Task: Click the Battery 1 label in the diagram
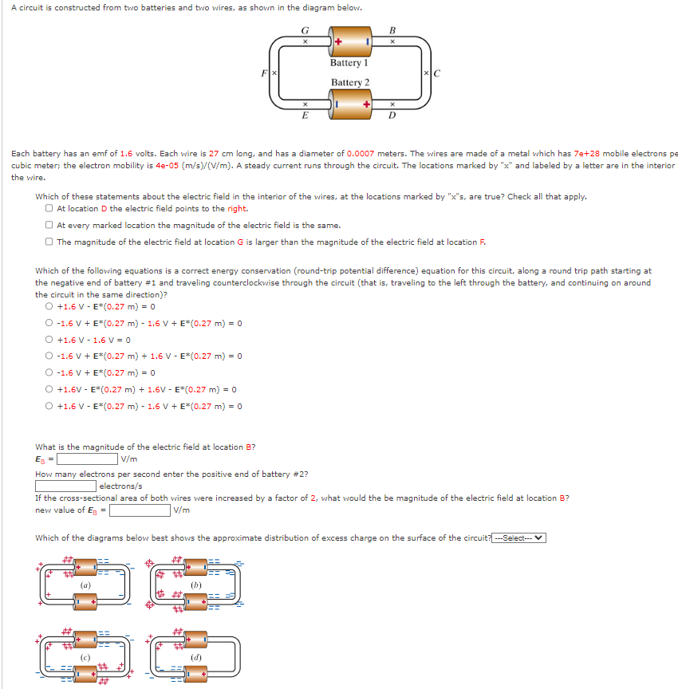349,62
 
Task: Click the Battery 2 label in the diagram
350,82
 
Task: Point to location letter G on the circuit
304,32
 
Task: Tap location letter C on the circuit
436,74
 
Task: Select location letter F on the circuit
265,73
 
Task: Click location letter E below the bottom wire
304,114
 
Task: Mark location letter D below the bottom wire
392,114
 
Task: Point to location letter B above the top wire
392,32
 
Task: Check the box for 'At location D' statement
50,209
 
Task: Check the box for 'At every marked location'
50,226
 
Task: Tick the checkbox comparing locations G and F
50,242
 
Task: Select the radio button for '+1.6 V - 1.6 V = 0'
50,340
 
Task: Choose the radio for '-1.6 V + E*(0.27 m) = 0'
50,373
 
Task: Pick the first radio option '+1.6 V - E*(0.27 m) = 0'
50,307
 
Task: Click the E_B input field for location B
87,459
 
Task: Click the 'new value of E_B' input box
140,510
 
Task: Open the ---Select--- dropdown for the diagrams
518,537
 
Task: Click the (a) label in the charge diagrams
84,585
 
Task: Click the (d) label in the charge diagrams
196,657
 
